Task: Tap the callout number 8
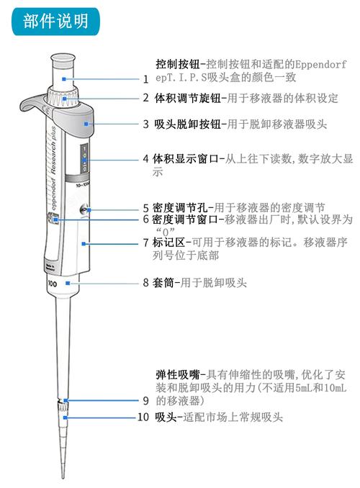click(x=145, y=284)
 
